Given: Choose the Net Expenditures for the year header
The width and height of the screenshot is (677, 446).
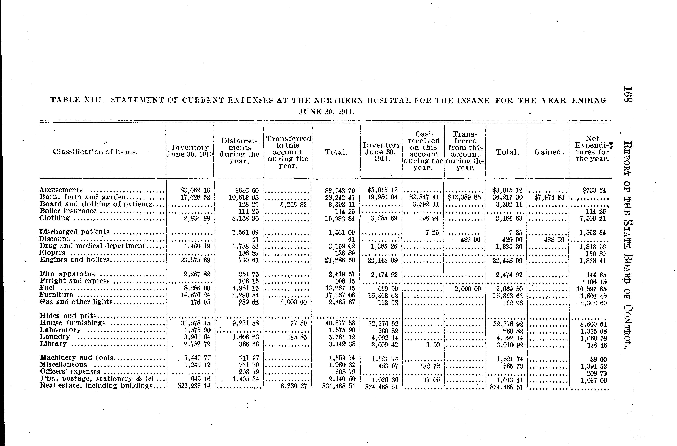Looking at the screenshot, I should [x=592, y=149].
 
